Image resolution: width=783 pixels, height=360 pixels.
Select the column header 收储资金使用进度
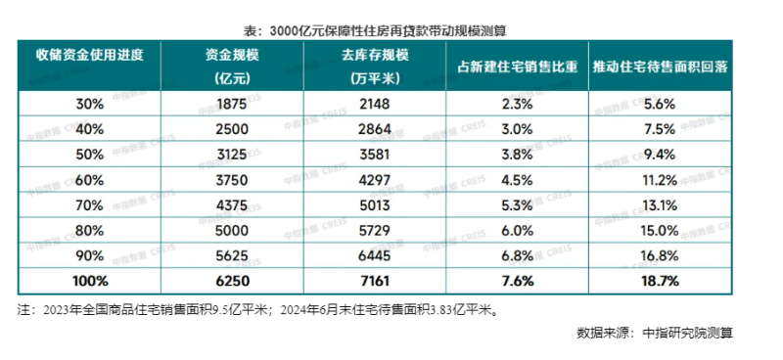coord(90,57)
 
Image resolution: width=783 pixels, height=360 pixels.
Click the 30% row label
coord(90,103)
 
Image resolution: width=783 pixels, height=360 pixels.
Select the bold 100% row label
coord(90,282)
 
